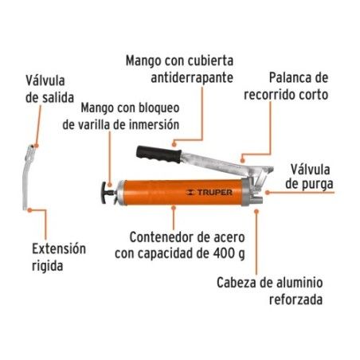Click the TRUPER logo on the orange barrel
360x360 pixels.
[x=209, y=193]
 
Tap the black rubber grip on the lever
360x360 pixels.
[x=159, y=154]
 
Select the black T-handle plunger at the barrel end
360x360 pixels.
[x=108, y=193]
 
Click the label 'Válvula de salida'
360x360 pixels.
[x=49, y=89]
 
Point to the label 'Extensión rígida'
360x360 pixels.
[x=59, y=257]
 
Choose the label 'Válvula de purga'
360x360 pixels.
[x=309, y=177]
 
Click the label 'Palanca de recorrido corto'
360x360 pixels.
[x=286, y=86]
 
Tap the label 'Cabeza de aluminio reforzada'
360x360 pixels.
[x=269, y=291]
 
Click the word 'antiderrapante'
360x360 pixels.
[x=192, y=78]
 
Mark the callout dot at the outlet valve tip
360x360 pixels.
[x=37, y=146]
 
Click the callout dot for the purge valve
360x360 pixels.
[x=268, y=193]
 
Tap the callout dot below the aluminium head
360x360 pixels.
[x=256, y=211]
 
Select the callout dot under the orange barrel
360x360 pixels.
[x=174, y=207]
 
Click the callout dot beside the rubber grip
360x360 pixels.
[x=174, y=144]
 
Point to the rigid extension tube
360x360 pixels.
[x=27, y=178]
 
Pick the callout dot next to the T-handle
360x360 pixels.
[x=110, y=185]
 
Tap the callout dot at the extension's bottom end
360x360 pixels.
[x=29, y=210]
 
